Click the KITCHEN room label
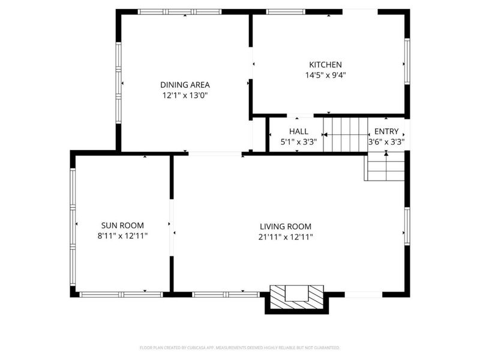click(325, 65)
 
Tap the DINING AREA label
click(185, 85)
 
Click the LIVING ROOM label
click(286, 226)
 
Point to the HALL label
click(298, 131)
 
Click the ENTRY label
click(386, 131)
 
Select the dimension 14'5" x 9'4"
click(326, 76)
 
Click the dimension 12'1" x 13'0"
click(185, 95)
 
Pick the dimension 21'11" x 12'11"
click(286, 237)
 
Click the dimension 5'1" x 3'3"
click(298, 142)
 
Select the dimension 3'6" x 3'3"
click(386, 142)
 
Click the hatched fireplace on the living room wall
click(296, 298)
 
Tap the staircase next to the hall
click(346, 134)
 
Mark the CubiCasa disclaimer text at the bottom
click(240, 347)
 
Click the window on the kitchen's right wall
click(406, 62)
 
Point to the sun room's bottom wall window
click(122, 294)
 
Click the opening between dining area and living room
click(215, 154)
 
